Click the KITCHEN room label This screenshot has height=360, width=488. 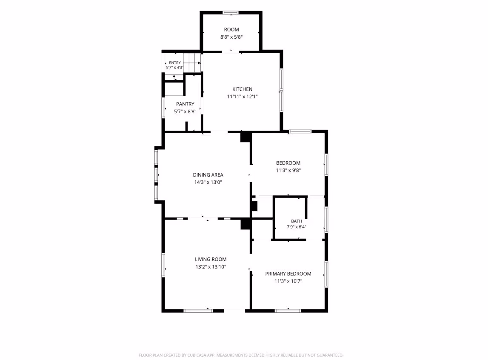pos(242,89)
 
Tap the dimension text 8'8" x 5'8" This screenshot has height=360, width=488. pos(231,37)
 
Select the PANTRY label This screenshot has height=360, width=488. pos(185,104)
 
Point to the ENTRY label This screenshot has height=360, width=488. pos(174,63)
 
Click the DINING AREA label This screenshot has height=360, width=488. pos(208,175)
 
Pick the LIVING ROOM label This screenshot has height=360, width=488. pos(211,259)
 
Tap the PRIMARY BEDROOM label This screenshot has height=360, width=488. pos(288,274)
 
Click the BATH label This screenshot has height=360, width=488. pos(296,221)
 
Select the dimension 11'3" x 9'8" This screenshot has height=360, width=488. pos(288,170)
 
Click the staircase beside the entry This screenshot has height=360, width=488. pos(192,63)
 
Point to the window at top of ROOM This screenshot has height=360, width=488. pos(230,13)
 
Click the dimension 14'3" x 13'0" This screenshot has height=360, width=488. pos(208,182)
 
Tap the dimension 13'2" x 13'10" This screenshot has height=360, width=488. pos(211,267)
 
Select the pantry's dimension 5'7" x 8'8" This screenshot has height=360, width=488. pos(185,111)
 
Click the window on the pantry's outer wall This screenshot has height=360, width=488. pos(163,108)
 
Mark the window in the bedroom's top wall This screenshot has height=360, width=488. pos(300,131)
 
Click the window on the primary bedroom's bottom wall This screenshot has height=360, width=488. pos(288,311)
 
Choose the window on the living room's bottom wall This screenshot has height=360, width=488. pos(198,311)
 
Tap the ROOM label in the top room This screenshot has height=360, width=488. pos(231,29)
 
